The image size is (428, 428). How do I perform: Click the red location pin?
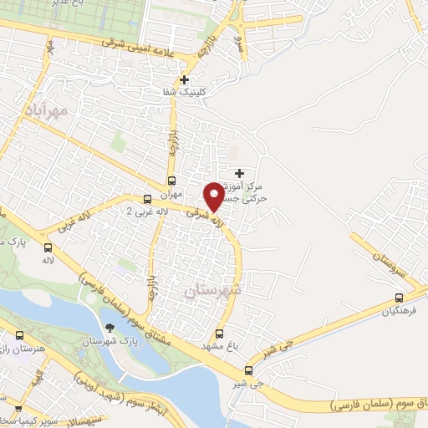coord(214,196)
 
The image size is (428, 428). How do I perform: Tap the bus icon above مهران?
coord(171,181)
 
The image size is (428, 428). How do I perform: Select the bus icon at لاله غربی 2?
coord(147,199)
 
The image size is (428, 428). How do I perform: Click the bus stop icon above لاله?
coord(48,248)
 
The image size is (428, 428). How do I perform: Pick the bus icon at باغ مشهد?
coord(220,332)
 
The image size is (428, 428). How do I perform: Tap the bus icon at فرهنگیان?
coord(400,298)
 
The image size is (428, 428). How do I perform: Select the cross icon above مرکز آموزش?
coord(240,171)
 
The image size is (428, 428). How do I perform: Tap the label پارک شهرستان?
coord(110,342)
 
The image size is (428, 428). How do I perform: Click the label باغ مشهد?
coord(220,344)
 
